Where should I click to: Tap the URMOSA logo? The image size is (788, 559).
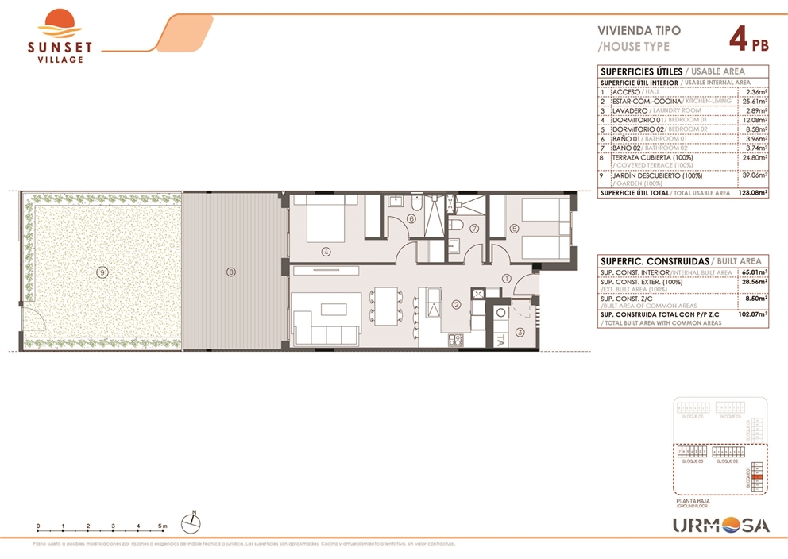coord(720,525)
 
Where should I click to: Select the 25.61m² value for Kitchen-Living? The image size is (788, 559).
coord(753,102)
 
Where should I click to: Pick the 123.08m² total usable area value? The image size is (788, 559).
coord(751,193)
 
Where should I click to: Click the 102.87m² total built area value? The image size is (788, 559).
coord(751,314)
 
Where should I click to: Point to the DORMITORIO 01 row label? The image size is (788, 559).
coord(632,120)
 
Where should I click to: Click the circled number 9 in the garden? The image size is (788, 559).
coord(101,272)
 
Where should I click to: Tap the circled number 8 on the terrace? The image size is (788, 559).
coord(231,272)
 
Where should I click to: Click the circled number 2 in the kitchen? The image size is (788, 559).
coord(457,303)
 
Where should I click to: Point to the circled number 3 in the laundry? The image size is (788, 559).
coord(520,332)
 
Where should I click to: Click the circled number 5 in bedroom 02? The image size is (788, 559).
coord(514,229)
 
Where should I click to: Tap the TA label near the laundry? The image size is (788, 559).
coord(500,341)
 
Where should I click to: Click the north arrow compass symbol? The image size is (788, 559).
coord(191,522)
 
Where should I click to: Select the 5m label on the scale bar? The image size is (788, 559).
coord(162,526)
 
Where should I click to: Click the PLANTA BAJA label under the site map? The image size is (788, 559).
coord(693,501)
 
